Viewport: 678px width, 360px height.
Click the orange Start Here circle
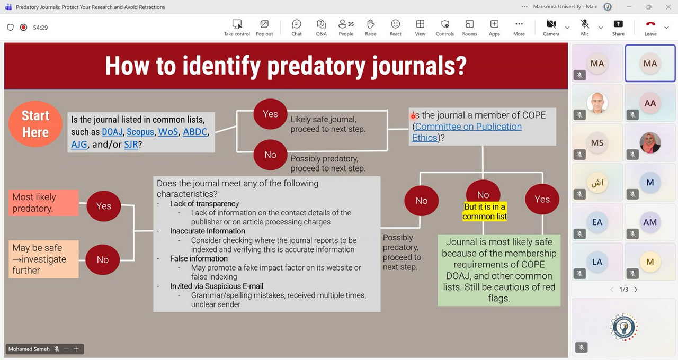coord(35,124)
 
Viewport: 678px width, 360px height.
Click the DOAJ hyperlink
coord(112,132)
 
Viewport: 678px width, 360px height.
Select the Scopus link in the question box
coord(140,132)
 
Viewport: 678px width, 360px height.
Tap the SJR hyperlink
coord(131,145)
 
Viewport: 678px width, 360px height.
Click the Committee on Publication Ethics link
coord(467,132)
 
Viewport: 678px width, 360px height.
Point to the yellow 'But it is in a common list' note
coord(485,211)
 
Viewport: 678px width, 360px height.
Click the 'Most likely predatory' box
coord(43,203)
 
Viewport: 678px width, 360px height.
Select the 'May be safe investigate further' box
coord(43,259)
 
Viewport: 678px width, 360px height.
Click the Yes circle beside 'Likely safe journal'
coord(270,114)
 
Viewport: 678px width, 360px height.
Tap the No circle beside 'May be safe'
coord(103,259)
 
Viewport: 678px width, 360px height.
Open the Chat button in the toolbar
coord(297,28)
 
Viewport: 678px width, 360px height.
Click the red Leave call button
coord(650,28)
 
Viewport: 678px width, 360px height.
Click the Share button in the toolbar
coord(618,28)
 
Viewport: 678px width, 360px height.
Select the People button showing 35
coord(346,28)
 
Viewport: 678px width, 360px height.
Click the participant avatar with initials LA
coord(597,262)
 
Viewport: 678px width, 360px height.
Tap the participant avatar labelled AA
coord(650,103)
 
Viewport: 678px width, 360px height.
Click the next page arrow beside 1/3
coord(636,290)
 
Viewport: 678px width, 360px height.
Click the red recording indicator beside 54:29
coord(23,28)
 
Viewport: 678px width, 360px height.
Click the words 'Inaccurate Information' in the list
coord(207,231)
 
